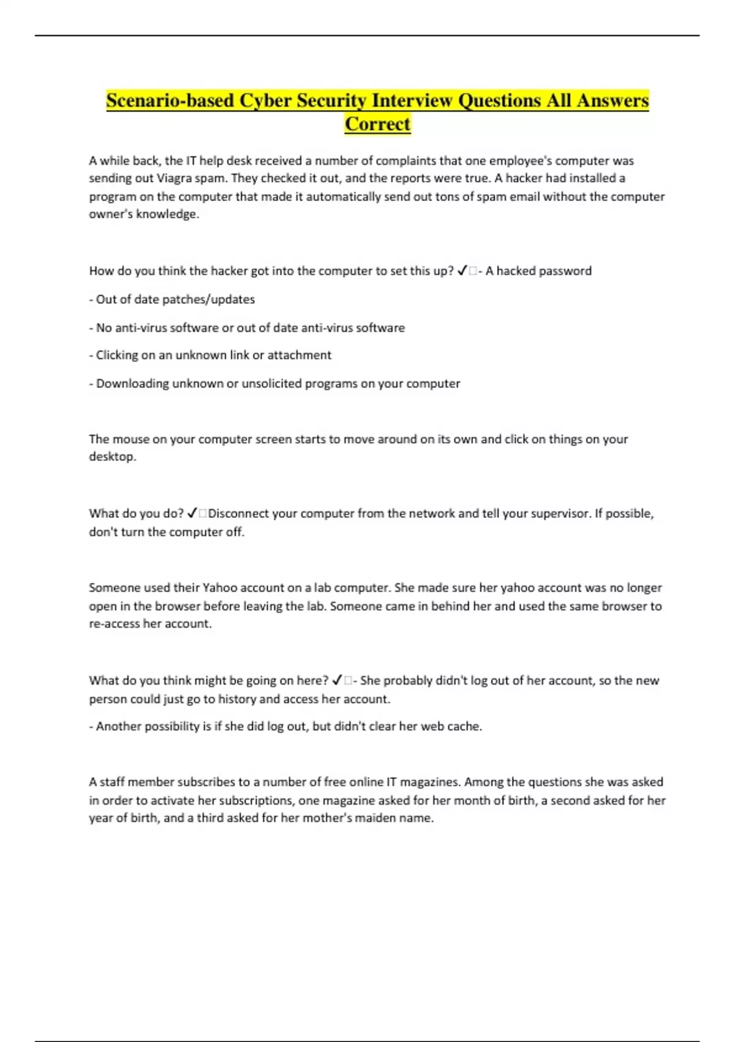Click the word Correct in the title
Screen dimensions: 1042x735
tap(377, 124)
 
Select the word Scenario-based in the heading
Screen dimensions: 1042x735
tap(170, 101)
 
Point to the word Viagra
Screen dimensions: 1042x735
tap(176, 178)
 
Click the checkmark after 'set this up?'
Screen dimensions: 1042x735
tap(462, 271)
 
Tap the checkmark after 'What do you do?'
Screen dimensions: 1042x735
tap(192, 513)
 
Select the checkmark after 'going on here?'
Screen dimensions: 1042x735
tap(337, 680)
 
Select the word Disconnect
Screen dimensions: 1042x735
tap(238, 513)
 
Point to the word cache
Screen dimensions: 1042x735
tap(465, 726)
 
